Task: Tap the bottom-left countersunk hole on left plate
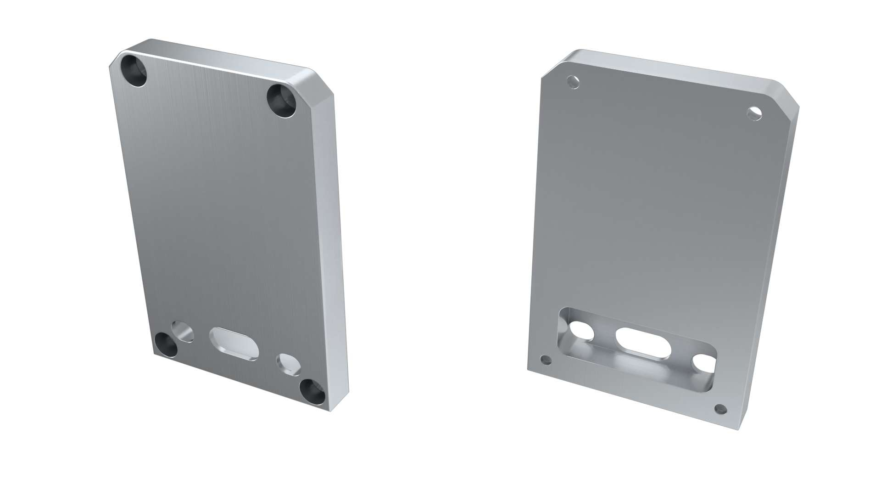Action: tap(166, 345)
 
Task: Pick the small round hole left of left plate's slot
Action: tap(182, 331)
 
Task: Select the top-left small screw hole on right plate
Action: tap(573, 83)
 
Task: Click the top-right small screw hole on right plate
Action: tap(754, 113)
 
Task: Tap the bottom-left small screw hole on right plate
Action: tap(546, 360)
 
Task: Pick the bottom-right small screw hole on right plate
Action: tap(720, 409)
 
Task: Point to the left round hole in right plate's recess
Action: tap(581, 332)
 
